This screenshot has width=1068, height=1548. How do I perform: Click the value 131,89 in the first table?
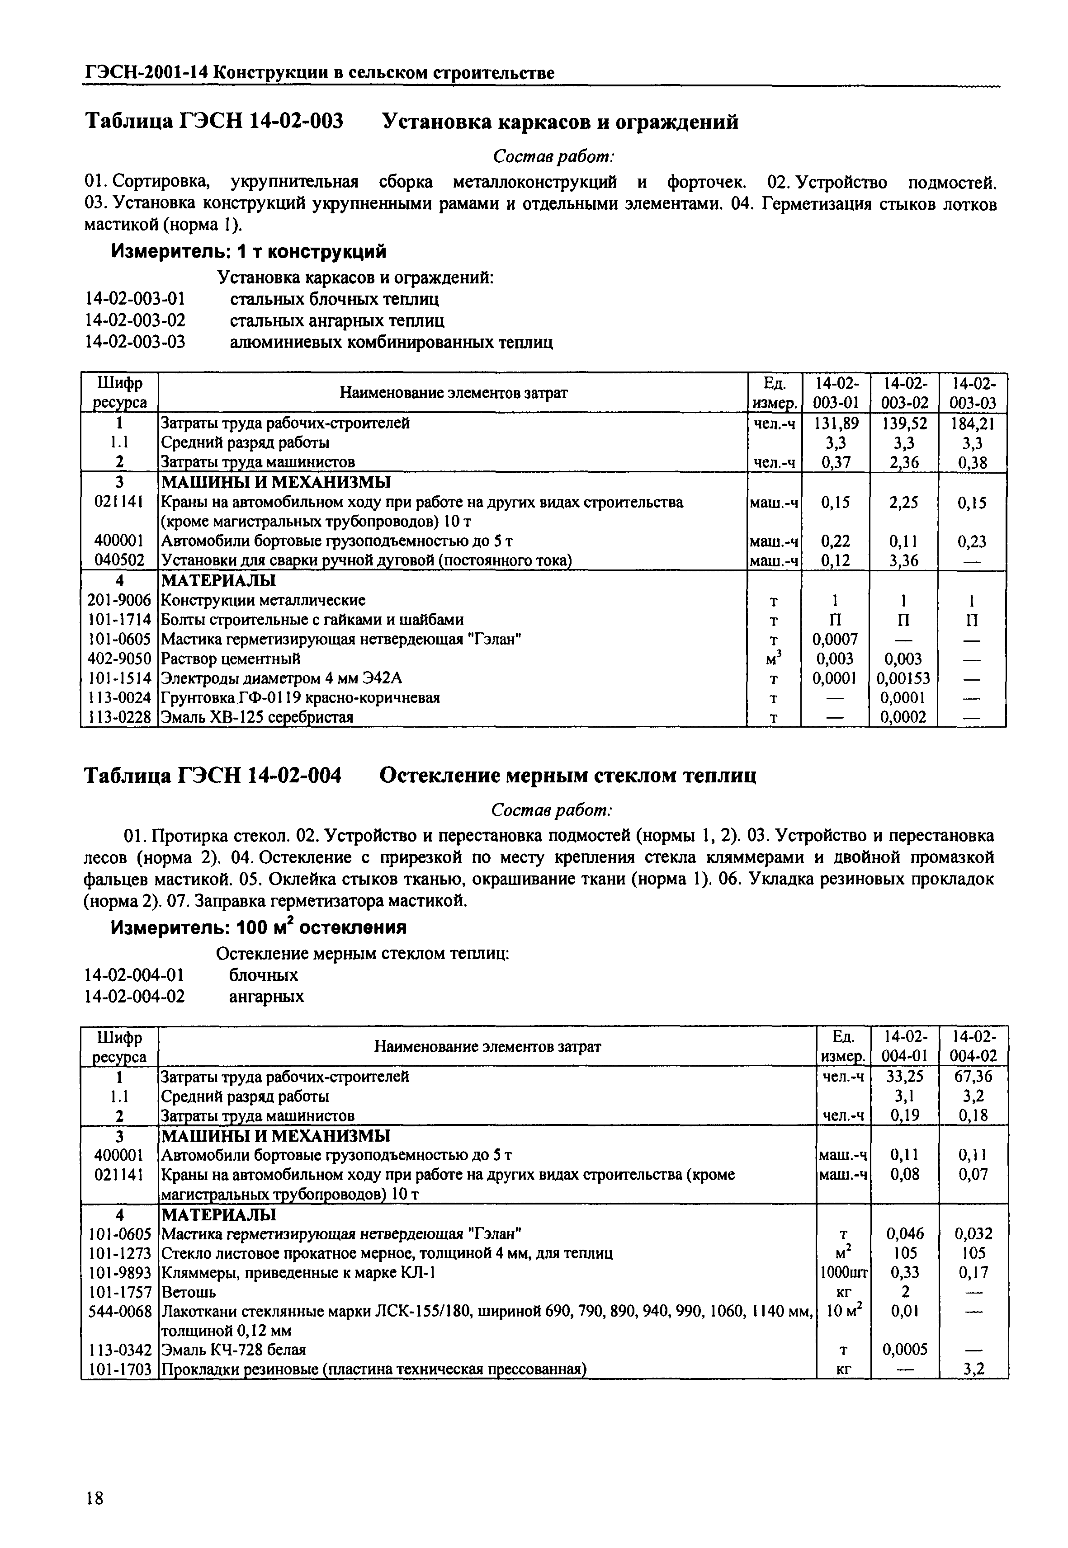click(836, 423)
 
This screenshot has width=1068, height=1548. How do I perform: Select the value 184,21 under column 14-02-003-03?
click(972, 423)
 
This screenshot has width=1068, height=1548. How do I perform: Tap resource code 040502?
click(119, 560)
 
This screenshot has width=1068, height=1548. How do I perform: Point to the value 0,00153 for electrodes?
click(903, 678)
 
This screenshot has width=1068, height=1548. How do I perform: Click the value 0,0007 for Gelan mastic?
click(835, 640)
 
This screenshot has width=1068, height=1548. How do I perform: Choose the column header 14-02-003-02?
click(903, 393)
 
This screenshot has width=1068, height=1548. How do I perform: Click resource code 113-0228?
click(119, 717)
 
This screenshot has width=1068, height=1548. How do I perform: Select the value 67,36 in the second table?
click(973, 1077)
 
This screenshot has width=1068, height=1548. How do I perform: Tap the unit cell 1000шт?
click(844, 1272)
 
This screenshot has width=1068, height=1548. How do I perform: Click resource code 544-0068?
click(119, 1311)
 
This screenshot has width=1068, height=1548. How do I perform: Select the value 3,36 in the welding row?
click(903, 560)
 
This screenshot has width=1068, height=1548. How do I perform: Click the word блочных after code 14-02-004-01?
click(263, 975)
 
